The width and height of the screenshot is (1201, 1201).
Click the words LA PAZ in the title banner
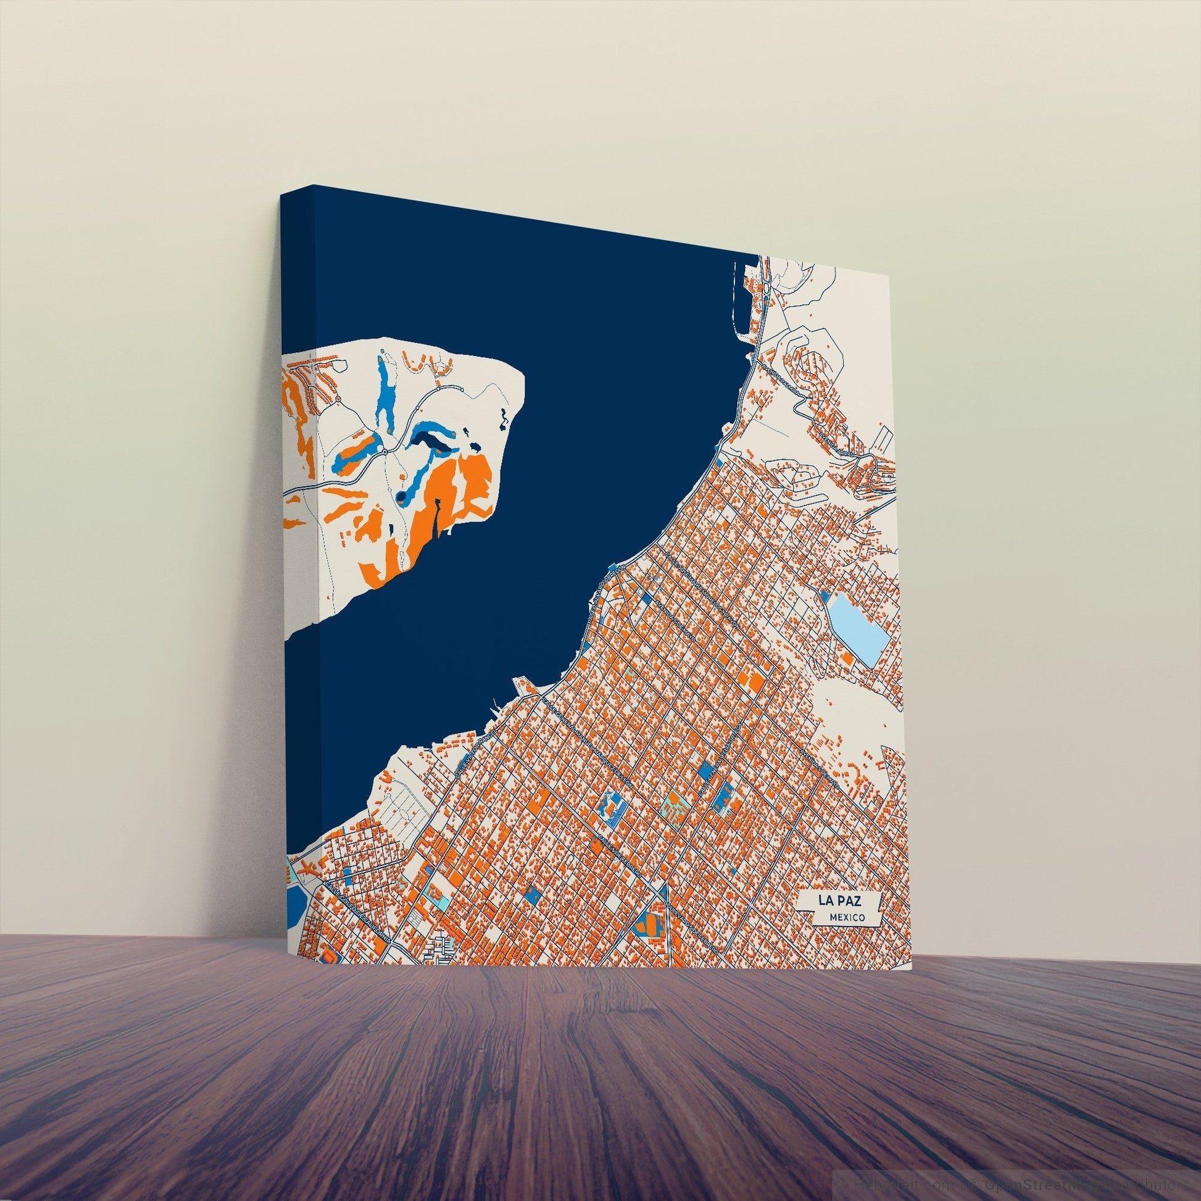click(839, 900)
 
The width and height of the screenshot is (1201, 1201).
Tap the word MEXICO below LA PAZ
click(847, 917)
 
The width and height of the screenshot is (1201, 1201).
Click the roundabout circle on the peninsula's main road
click(385, 451)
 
